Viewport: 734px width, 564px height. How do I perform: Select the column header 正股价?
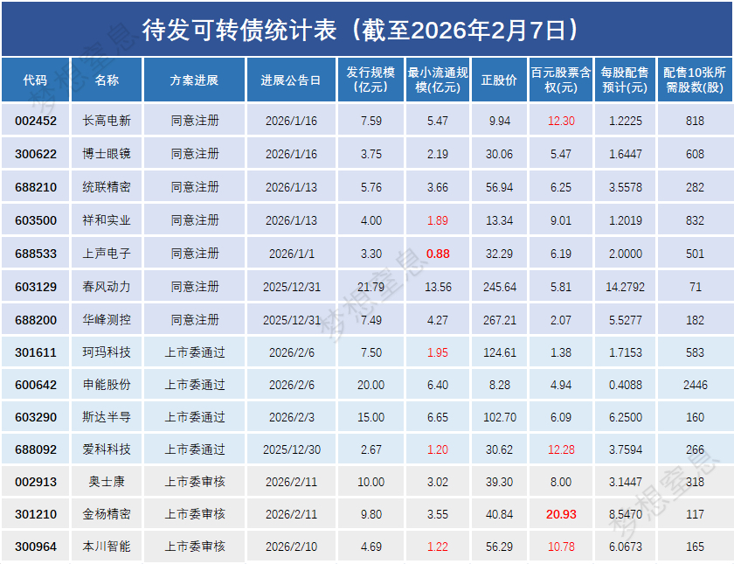coord(499,80)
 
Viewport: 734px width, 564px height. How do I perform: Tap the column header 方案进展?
coord(194,80)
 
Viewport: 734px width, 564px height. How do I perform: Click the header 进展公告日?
coord(291,80)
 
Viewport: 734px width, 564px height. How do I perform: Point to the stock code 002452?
coord(36,121)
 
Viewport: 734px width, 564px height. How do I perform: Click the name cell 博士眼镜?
coord(107,154)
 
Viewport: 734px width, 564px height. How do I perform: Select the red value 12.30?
coord(561,121)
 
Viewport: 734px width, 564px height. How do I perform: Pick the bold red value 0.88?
coord(438,254)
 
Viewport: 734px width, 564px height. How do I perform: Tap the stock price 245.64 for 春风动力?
coord(500,287)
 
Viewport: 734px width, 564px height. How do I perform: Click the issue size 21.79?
coord(370,287)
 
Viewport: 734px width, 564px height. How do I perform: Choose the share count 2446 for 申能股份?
coord(696,385)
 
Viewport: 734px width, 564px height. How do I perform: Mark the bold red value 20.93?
coord(561,514)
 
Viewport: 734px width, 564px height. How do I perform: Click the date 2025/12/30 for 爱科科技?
coord(291,449)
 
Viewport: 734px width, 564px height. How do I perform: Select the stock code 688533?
coord(36,254)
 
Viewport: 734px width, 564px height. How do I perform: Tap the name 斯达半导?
coord(107,417)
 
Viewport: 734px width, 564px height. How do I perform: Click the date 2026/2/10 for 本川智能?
coord(291,547)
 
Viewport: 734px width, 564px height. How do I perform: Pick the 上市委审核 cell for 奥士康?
coord(194,482)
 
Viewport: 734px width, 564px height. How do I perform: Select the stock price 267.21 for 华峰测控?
coord(500,320)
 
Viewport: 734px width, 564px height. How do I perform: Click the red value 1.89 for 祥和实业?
coord(438,220)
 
